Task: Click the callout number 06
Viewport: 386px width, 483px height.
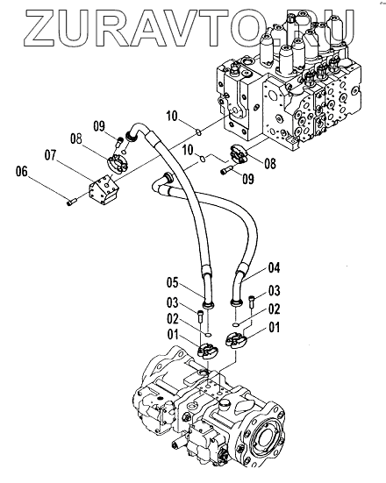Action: [x=22, y=172]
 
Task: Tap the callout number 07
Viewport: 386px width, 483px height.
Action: [x=51, y=155]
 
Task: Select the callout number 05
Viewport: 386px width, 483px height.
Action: [x=173, y=283]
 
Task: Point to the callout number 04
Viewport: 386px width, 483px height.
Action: [x=274, y=267]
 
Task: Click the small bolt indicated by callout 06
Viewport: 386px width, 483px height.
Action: [x=71, y=202]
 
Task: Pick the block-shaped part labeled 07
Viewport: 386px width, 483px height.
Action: [x=104, y=188]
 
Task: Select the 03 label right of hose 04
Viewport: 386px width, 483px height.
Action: [x=274, y=291]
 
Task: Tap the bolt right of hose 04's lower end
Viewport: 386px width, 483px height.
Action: [x=252, y=301]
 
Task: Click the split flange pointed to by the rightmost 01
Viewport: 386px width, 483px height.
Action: [x=236, y=341]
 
